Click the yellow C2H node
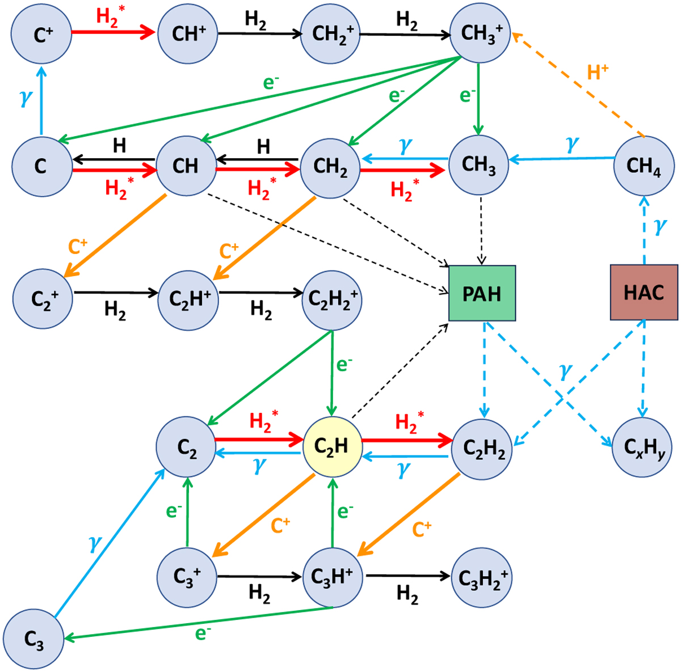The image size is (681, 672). coord(332,447)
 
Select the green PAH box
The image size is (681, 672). coord(482,293)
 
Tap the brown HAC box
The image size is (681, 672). coord(644,293)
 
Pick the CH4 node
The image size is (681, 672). coord(644,166)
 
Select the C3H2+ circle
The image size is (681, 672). coord(482,578)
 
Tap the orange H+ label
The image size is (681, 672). coord(597,72)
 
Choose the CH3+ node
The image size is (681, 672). coord(480,33)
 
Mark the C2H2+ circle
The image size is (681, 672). coord(332,298)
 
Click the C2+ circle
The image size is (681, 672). coord(43,298)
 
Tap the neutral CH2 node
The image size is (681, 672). coord(330,167)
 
